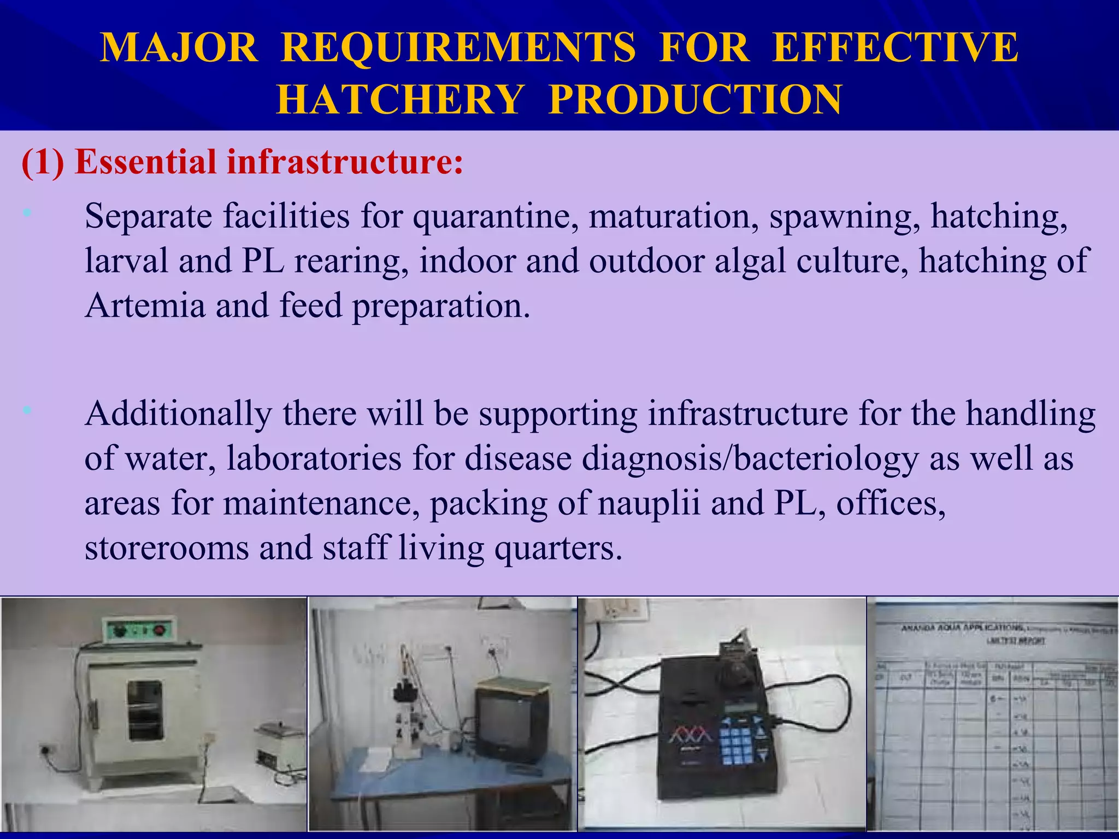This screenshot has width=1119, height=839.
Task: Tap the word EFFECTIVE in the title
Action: (895, 48)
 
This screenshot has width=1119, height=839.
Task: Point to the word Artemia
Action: (145, 305)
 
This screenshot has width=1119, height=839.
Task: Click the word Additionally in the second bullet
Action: (178, 413)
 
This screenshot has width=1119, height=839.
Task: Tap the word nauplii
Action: (649, 503)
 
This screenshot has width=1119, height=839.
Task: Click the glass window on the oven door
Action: (145, 710)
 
